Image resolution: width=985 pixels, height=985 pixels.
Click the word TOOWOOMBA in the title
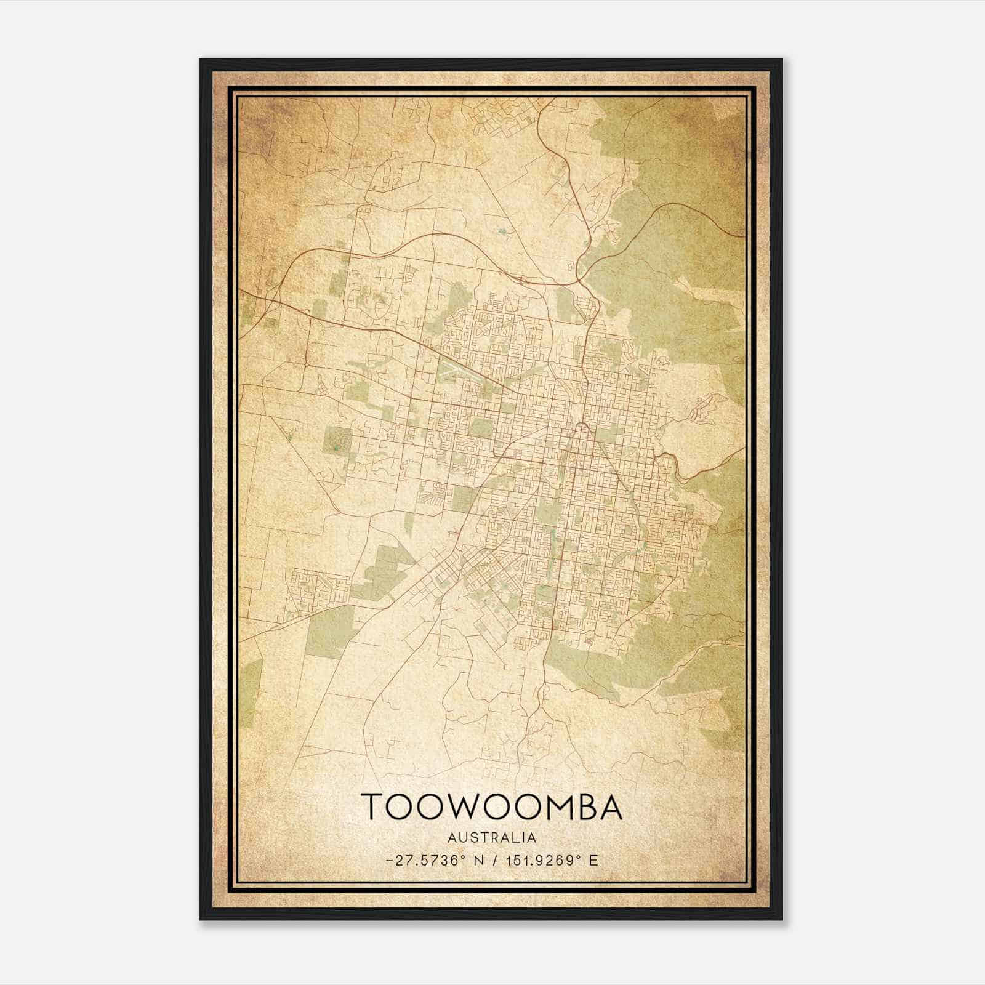pyautogui.click(x=491, y=806)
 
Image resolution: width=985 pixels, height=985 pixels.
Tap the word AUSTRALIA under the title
pyautogui.click(x=491, y=838)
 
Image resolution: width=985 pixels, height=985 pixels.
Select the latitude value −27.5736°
pyautogui.click(x=425, y=861)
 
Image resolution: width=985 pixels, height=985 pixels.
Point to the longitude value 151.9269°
pyautogui.click(x=544, y=861)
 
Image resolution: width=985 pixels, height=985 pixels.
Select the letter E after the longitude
pyautogui.click(x=593, y=861)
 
